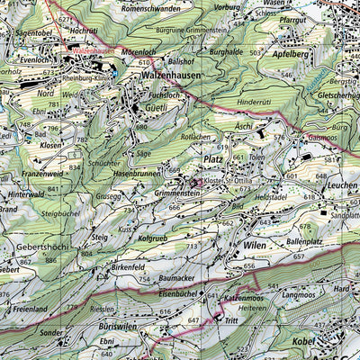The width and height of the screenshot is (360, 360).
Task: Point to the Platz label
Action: [212, 158]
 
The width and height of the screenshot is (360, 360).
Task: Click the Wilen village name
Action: [254, 244]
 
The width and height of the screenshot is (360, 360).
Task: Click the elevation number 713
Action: [191, 246]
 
